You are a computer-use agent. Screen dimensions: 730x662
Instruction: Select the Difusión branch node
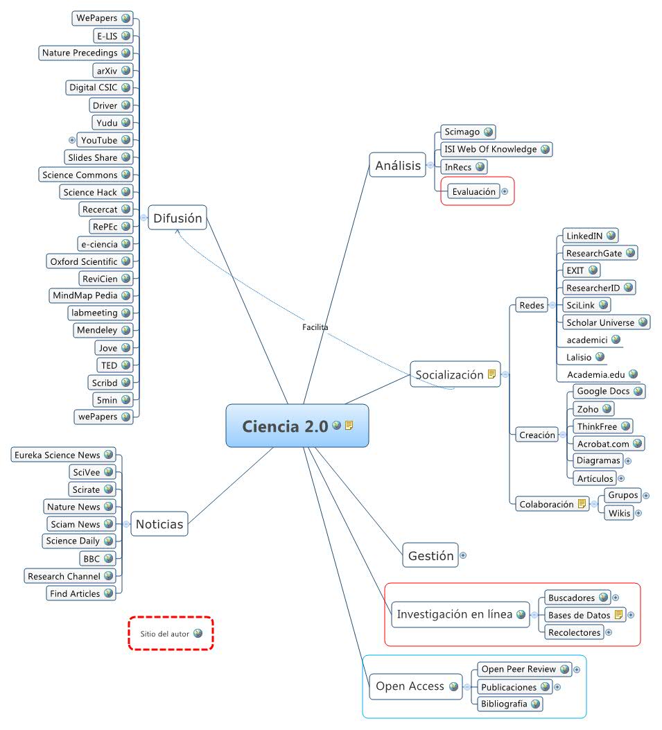(177, 219)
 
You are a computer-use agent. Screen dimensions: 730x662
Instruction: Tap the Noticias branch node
(159, 524)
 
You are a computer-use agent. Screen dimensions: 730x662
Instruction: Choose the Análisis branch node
(398, 165)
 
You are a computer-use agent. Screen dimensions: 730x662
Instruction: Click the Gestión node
(430, 555)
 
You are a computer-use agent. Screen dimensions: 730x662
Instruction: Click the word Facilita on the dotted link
(315, 327)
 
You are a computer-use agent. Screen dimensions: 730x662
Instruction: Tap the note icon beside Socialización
(492, 374)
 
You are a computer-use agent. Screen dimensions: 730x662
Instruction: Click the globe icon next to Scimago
(488, 132)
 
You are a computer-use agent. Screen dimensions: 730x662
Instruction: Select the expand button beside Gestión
(463, 555)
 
